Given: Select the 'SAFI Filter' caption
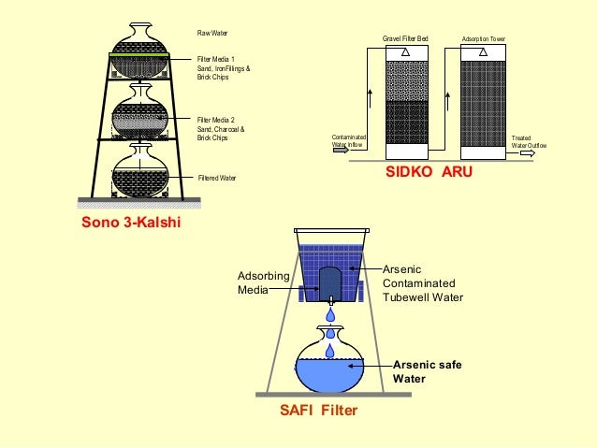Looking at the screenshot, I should [x=319, y=410].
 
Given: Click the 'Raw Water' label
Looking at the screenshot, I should [x=212, y=32].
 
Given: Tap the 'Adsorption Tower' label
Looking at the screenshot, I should [x=483, y=39].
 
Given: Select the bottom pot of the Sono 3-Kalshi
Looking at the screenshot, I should [x=139, y=172].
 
